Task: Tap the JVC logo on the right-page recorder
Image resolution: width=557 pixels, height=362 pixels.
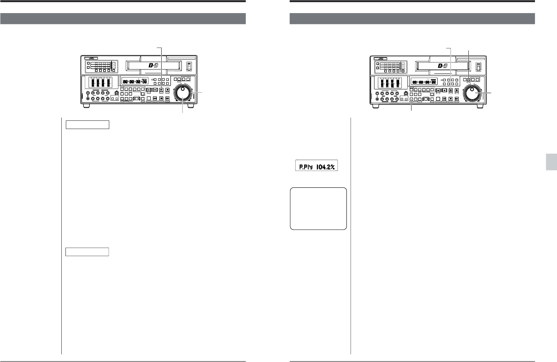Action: pyautogui.click(x=380, y=58)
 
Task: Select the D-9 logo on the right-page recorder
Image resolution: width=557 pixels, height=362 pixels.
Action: pyautogui.click(x=443, y=65)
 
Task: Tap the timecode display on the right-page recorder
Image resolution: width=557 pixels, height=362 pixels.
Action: pyautogui.click(x=424, y=82)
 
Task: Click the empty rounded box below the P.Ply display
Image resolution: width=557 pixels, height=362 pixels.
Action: pyautogui.click(x=318, y=208)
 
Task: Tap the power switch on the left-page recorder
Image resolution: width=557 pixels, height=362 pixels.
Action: pyautogui.click(x=189, y=66)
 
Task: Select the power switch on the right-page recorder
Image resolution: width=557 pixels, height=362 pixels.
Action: pyautogui.click(x=478, y=66)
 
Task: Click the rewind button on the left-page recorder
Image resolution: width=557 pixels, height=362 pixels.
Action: pyautogui.click(x=154, y=98)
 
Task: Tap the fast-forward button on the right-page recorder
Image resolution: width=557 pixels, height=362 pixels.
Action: pyautogui.click(x=457, y=99)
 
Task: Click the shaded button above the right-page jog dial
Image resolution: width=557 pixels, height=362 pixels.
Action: pyautogui.click(x=469, y=79)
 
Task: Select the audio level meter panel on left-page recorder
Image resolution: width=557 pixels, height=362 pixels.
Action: pyautogui.click(x=100, y=82)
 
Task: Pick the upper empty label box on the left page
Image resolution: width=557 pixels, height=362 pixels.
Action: pyautogui.click(x=87, y=125)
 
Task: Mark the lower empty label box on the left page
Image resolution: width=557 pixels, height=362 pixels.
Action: pyautogui.click(x=87, y=252)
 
